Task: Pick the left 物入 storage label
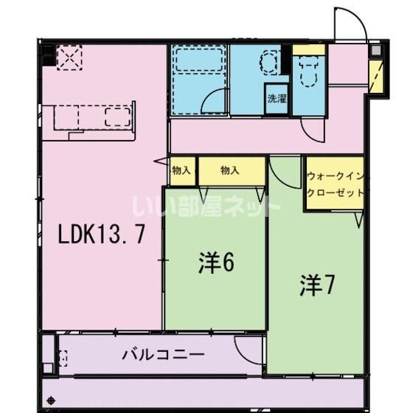[181, 170]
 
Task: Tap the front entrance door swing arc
[351, 22]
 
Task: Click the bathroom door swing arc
[214, 101]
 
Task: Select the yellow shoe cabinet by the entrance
[376, 77]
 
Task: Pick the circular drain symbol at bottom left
[51, 400]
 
